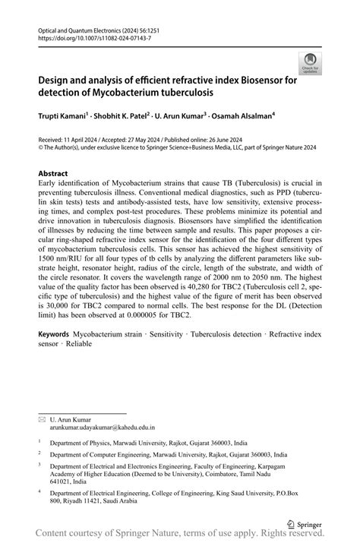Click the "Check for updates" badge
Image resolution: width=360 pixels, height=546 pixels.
[x=309, y=64]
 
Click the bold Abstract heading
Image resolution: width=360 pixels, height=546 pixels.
[x=58, y=173]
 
